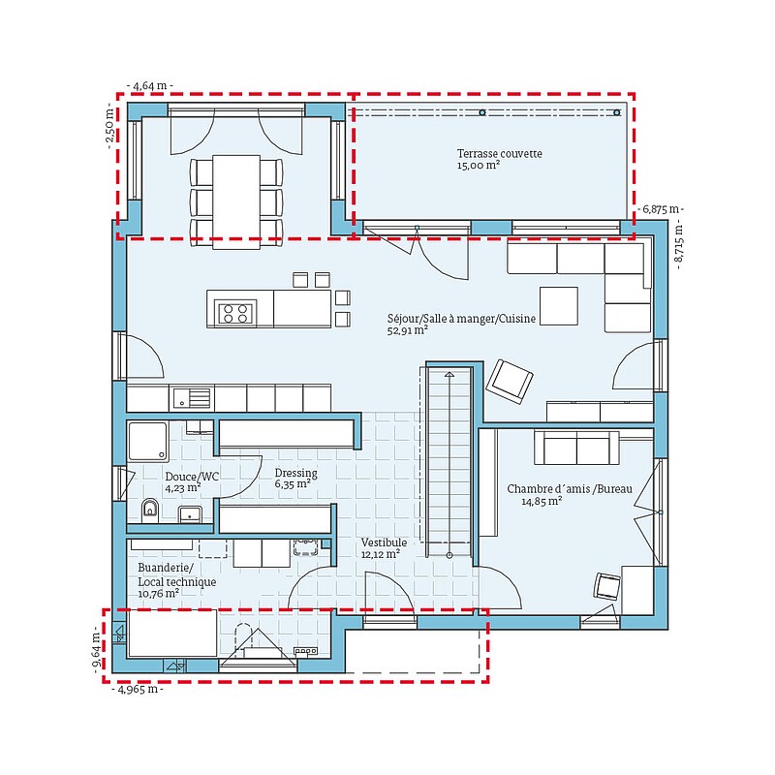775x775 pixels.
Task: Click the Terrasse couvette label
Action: point(499,154)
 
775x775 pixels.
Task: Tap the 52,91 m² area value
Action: point(407,330)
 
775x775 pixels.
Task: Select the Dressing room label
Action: point(296,473)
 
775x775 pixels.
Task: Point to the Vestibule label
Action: point(384,542)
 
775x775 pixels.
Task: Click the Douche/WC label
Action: point(192,477)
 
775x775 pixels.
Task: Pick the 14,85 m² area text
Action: point(542,501)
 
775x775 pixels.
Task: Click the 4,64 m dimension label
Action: point(150,85)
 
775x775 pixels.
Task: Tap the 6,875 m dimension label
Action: point(661,209)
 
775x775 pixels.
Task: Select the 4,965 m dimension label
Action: point(138,689)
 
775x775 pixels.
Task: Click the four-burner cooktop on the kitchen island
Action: point(235,313)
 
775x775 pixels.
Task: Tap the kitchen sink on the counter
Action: point(192,398)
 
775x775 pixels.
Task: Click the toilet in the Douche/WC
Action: point(150,511)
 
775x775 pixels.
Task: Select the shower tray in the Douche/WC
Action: point(148,442)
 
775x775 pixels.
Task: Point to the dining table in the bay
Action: point(236,201)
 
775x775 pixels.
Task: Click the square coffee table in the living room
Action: point(559,306)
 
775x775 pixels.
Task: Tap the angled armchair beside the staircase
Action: point(510,381)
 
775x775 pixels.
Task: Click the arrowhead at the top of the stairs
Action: point(449,375)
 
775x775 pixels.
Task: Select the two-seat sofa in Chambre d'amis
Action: point(576,448)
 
